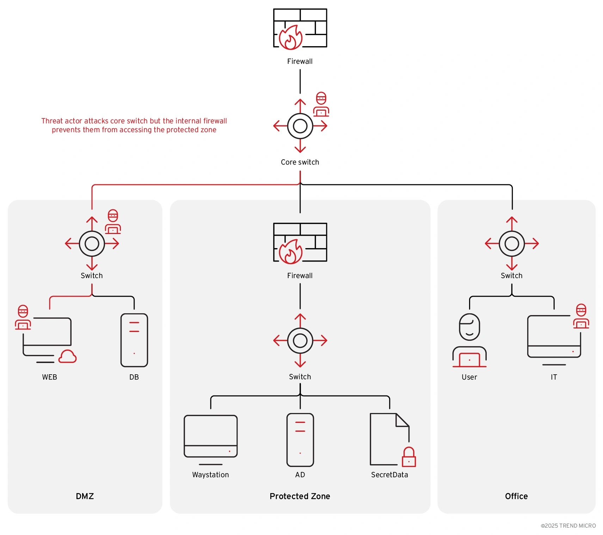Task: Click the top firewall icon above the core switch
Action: pos(300,28)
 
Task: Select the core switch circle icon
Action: pos(300,126)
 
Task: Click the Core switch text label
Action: pos(300,162)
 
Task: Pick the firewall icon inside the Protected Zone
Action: pos(300,242)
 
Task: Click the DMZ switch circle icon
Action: pos(92,244)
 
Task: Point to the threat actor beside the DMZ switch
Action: pos(113,222)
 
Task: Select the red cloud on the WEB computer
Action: pos(67,357)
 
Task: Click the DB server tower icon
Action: pos(134,340)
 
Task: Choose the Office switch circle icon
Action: pos(512,244)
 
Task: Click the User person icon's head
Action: pos(469,327)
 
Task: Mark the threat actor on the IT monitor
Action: pos(581,316)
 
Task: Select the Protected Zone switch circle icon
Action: pos(300,340)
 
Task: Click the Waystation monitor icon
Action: pos(210,436)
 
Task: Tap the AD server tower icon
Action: pos(300,440)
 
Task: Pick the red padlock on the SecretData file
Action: pos(409,457)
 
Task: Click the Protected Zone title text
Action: pos(300,496)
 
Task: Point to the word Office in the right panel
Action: pos(516,496)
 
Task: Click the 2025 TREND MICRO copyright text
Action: pos(568,526)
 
